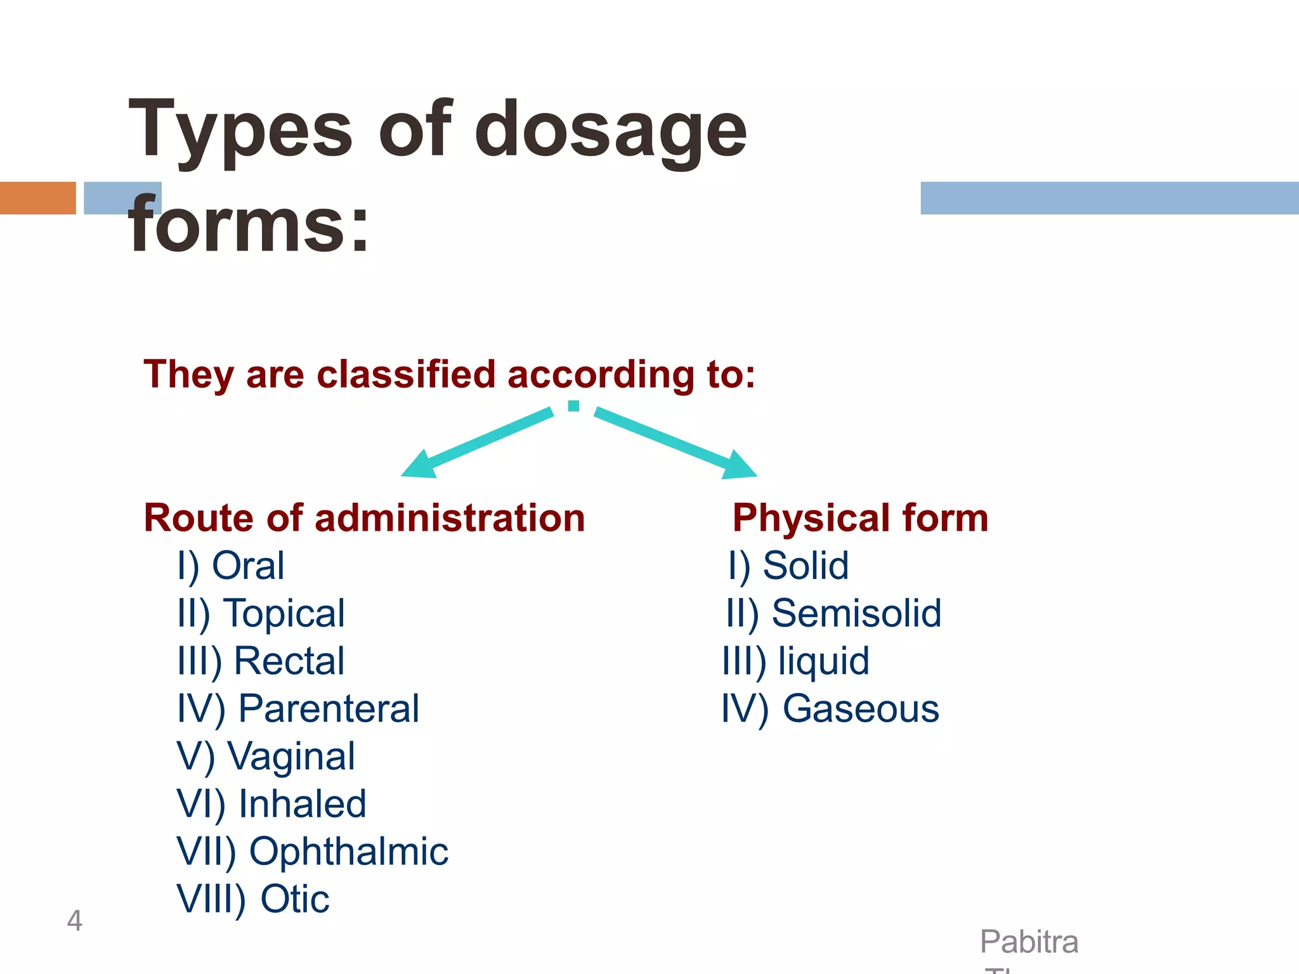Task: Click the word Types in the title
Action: [240, 132]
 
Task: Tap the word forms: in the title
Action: [249, 226]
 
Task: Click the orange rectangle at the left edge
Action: [37, 198]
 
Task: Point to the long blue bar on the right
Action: [1109, 198]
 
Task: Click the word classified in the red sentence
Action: [405, 374]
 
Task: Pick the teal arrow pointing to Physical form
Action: [676, 442]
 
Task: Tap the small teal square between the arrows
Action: [573, 406]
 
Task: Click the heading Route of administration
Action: [364, 518]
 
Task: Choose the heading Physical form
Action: [860, 518]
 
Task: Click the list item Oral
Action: [247, 566]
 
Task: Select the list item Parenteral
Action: [329, 709]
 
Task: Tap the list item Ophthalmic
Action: [348, 852]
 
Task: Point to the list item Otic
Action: [295, 899]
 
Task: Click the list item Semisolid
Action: [856, 614]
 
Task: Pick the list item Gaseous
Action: [860, 709]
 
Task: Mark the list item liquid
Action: [823, 661]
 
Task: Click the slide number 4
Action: [74, 921]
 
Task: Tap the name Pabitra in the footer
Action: [1029, 942]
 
